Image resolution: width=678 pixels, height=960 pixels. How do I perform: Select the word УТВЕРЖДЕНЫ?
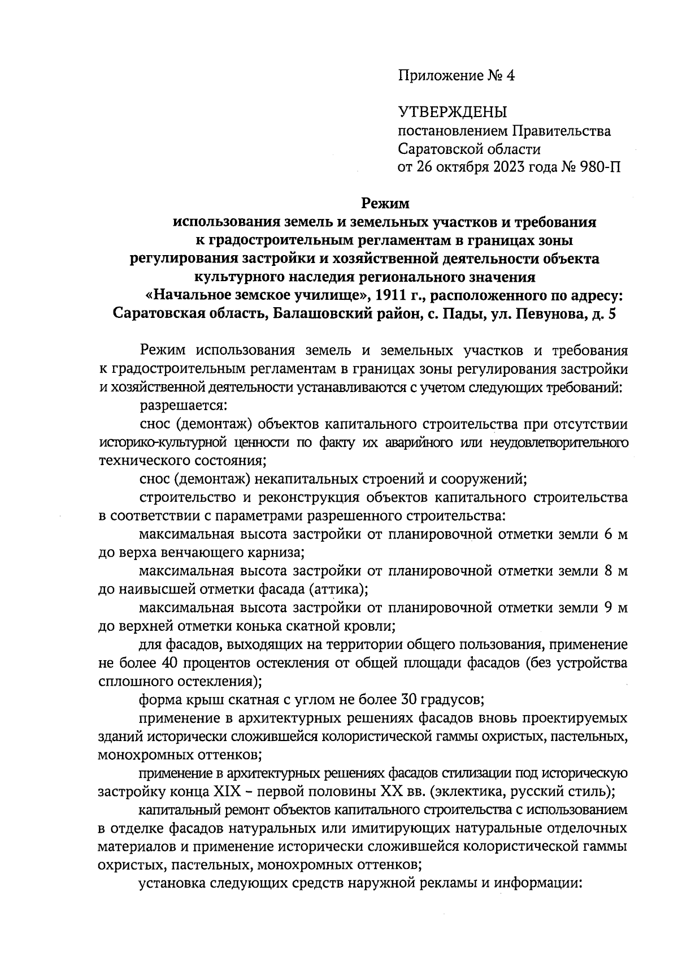click(x=453, y=112)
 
